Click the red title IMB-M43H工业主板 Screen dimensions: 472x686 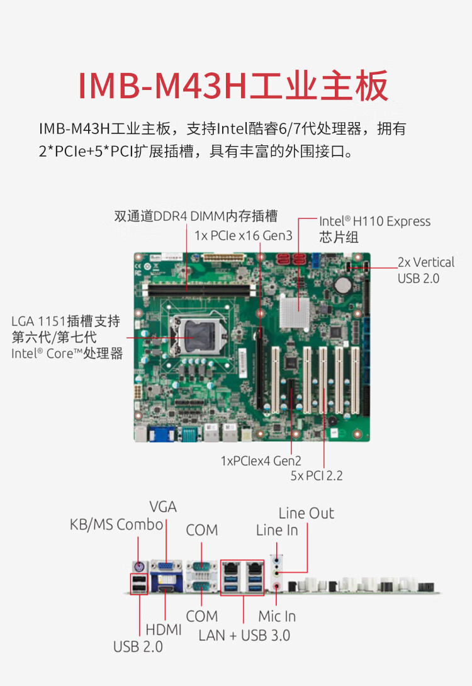pos(233,86)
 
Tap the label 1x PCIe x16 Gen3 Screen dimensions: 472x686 pos(243,235)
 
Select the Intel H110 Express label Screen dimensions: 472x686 pos(375,222)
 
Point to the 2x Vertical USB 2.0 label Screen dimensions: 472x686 pos(425,270)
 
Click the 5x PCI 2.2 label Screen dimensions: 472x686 pos(317,476)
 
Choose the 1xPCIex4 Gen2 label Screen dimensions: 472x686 pos(261,461)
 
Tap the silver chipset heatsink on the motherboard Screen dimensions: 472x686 pos(294,312)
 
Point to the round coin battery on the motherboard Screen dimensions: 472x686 pos(343,285)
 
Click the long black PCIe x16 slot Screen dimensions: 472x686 pos(260,368)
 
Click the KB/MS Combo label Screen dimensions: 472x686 pos(116,524)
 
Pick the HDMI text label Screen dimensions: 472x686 pos(164,629)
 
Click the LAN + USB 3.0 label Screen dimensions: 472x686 pos(244,635)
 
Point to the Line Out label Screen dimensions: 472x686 pos(306,513)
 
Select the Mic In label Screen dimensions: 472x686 pos(277,616)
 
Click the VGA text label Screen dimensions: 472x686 pos(163,507)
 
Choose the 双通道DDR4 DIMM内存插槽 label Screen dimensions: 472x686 pos(196,216)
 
